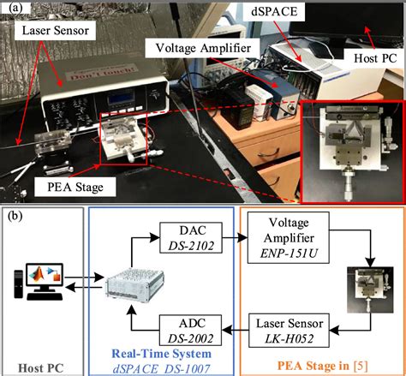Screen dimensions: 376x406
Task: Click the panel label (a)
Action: (x=13, y=11)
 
